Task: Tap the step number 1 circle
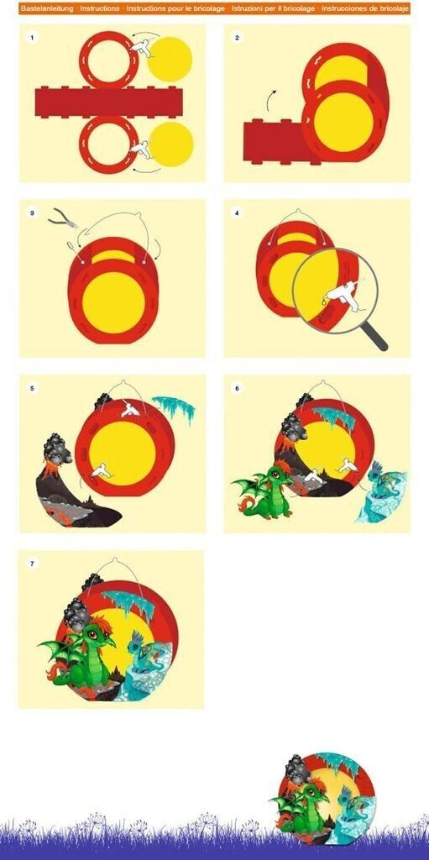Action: click(x=33, y=38)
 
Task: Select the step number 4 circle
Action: click(x=237, y=213)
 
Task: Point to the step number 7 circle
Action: click(x=33, y=564)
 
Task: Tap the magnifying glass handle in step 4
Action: click(x=374, y=336)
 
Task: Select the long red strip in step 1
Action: click(x=108, y=102)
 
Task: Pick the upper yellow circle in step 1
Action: click(x=170, y=60)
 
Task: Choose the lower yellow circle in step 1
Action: click(x=171, y=144)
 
